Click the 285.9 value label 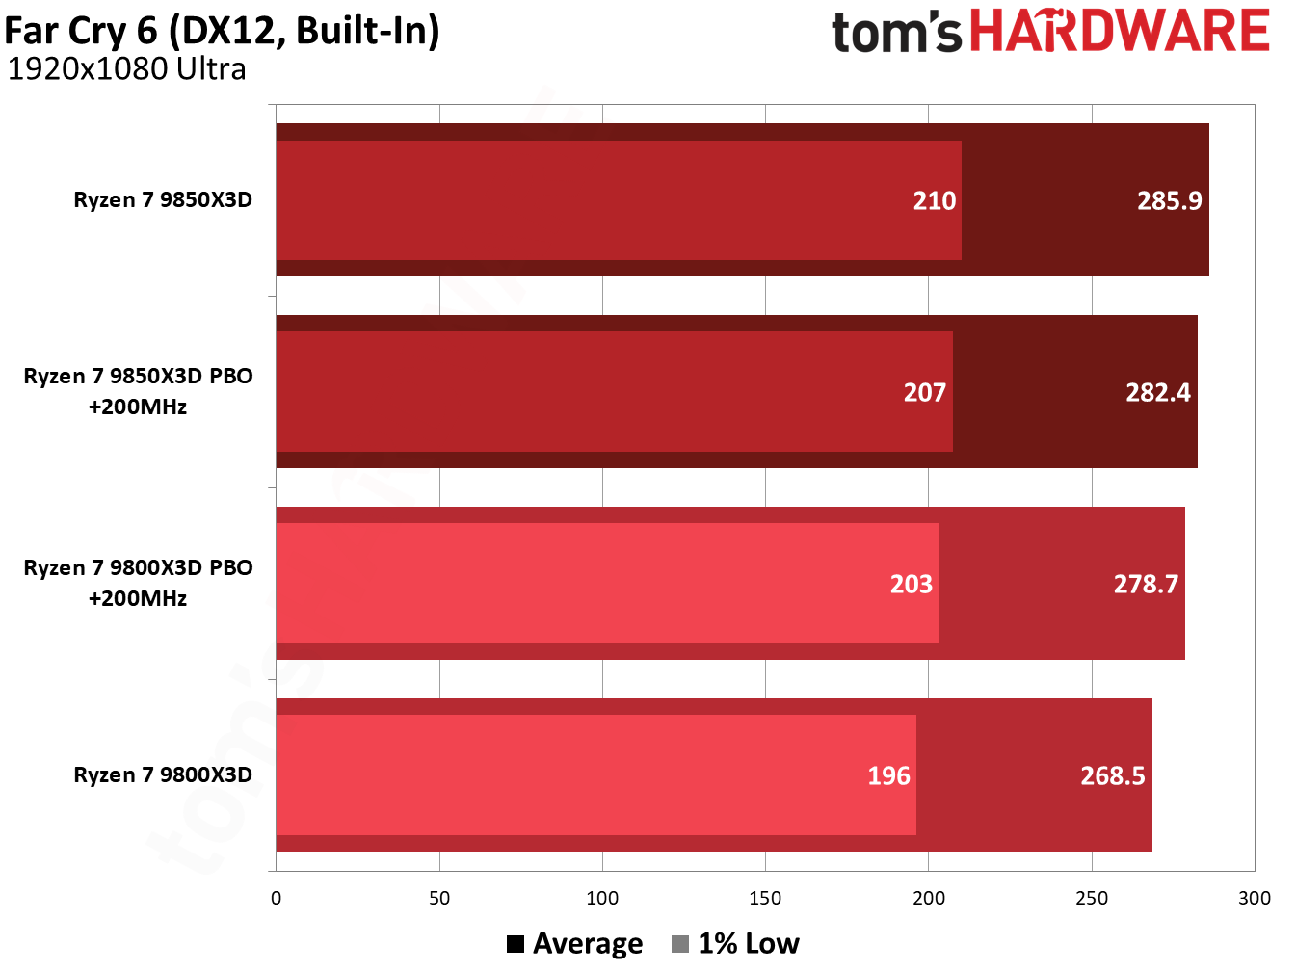pos(1169,200)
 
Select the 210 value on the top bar pos(934,200)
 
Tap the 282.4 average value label pos(1157,392)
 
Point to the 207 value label pos(924,392)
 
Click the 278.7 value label pos(1145,584)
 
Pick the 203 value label pos(911,584)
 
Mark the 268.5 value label pos(1112,775)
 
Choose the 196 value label pos(888,775)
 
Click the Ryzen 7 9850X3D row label pos(163,200)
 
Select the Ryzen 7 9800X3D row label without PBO pos(163,775)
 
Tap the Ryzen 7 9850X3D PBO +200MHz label pos(138,391)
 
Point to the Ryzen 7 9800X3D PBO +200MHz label pos(138,583)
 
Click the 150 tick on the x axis pos(765,898)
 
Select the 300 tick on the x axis pos(1254,898)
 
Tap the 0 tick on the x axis pos(277,898)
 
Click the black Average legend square pos(516,944)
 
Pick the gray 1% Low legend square pos(680,944)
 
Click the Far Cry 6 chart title pos(222,31)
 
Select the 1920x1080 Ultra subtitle pos(126,69)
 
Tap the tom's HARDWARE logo pos(1050,31)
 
